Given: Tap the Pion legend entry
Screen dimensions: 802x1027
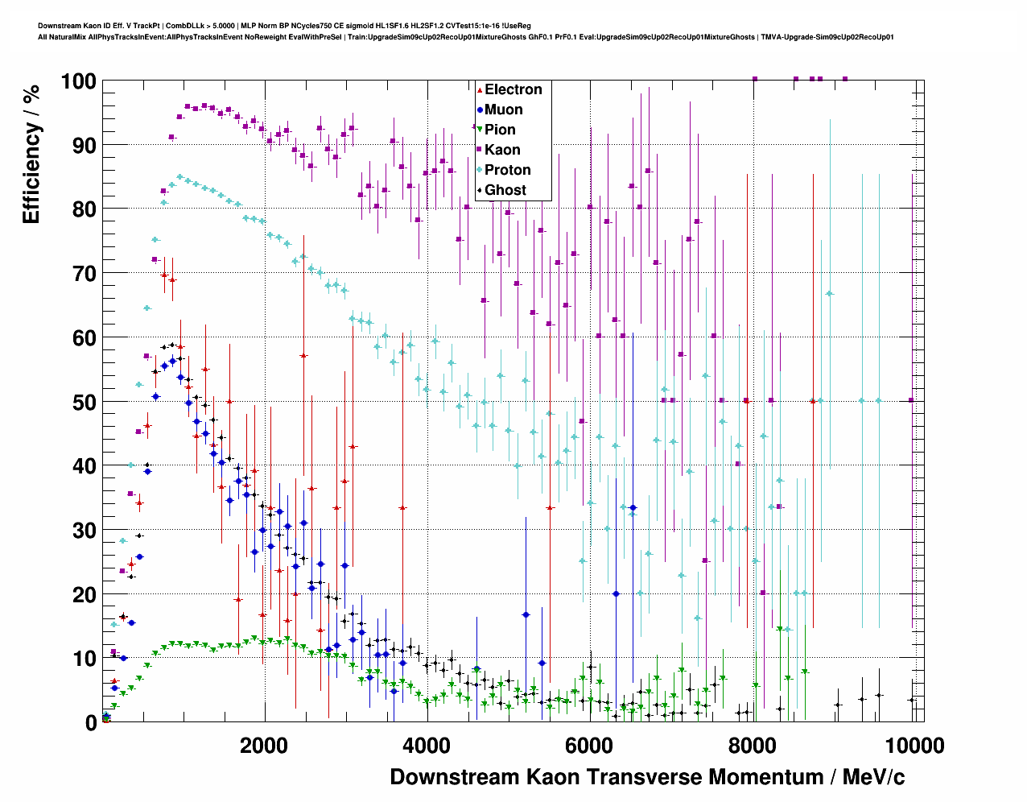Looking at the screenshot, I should [500, 130].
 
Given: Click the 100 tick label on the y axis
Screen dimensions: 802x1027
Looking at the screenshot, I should [78, 81].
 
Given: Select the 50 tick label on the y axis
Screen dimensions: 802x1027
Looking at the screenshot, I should [85, 402].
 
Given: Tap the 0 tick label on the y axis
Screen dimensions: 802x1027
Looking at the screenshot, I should [91, 722].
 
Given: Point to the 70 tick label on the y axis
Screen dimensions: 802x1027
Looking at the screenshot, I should [85, 274].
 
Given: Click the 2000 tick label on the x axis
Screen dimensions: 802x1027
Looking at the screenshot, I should [263, 746].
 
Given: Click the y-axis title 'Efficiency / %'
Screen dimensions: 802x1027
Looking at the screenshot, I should [31, 154].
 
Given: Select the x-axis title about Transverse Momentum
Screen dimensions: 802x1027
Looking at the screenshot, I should [647, 777].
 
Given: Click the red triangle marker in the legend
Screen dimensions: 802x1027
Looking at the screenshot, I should [480, 89].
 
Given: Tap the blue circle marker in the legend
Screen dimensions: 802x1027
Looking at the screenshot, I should [480, 110].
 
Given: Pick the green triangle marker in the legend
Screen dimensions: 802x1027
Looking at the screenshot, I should [480, 130].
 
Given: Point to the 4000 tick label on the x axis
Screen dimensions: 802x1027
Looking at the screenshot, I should [426, 746].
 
